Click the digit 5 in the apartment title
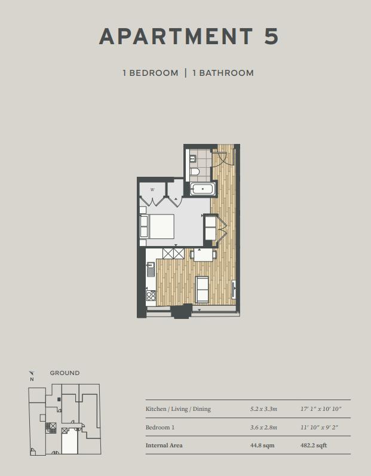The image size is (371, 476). tap(271, 36)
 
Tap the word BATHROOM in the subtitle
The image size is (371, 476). tap(226, 73)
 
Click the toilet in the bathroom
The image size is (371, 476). tap(195, 172)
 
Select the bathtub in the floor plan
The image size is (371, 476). tap(203, 189)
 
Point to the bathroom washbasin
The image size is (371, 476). tap(193, 158)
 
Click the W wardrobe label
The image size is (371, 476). tap(152, 190)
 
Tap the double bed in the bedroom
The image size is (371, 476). tap(157, 226)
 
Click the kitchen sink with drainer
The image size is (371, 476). tap(151, 269)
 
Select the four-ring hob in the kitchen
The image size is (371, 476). tap(151, 296)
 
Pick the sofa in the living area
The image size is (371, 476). tap(202, 289)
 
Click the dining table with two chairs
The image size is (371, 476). tap(203, 254)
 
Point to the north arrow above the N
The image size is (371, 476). tap(32, 373)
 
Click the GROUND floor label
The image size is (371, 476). tap(65, 373)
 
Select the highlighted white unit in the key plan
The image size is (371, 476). tap(69, 441)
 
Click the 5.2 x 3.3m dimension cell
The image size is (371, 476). tap(264, 409)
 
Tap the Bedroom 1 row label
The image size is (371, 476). tap(160, 428)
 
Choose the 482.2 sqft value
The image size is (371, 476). tap(314, 446)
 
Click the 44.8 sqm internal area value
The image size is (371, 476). tap(262, 446)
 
